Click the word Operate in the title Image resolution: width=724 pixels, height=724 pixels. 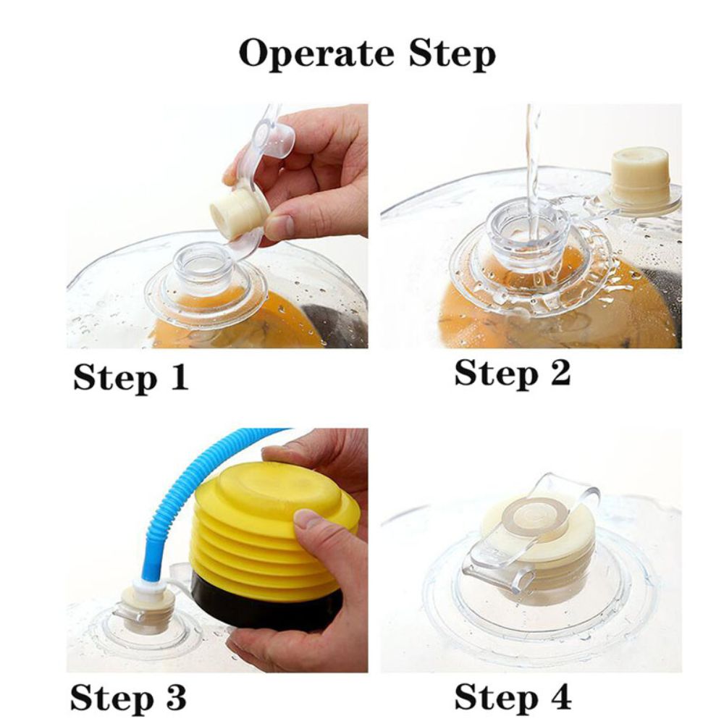[x=316, y=53]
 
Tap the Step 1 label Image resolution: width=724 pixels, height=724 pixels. [x=130, y=377]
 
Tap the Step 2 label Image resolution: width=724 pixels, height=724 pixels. [x=513, y=373]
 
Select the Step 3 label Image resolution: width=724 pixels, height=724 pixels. [x=128, y=698]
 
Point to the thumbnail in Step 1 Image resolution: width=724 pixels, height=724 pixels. [x=279, y=225]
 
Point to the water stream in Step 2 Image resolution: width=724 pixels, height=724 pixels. [x=532, y=175]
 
